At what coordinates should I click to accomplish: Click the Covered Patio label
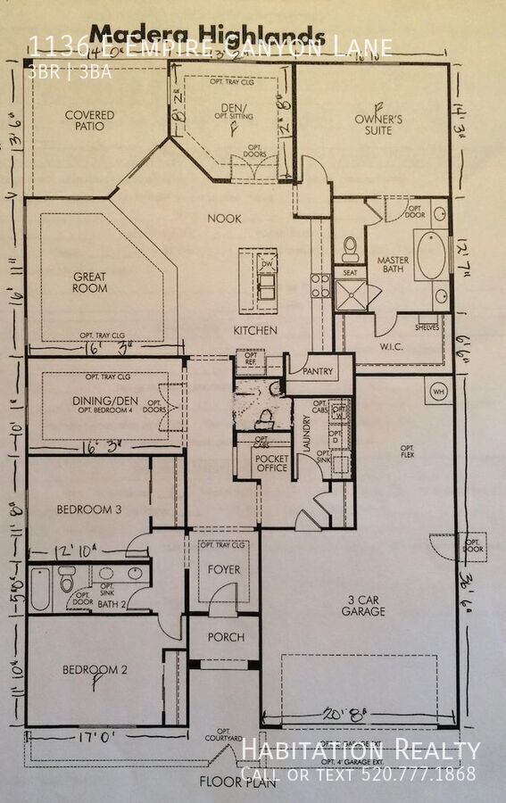point(89,120)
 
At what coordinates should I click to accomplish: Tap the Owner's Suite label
point(377,124)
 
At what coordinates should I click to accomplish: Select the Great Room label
point(90,283)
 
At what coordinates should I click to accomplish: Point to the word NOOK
point(224,219)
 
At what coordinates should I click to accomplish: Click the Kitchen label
point(255,330)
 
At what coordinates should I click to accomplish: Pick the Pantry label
point(319,370)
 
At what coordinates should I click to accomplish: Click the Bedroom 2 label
point(89,669)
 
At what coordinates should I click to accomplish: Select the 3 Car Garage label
point(362,605)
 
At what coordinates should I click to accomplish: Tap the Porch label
point(226,638)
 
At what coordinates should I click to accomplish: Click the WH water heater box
point(437,391)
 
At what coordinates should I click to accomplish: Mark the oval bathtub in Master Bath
point(431,256)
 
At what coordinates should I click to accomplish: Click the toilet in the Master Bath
point(350,245)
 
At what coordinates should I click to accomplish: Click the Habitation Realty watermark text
point(361,750)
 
